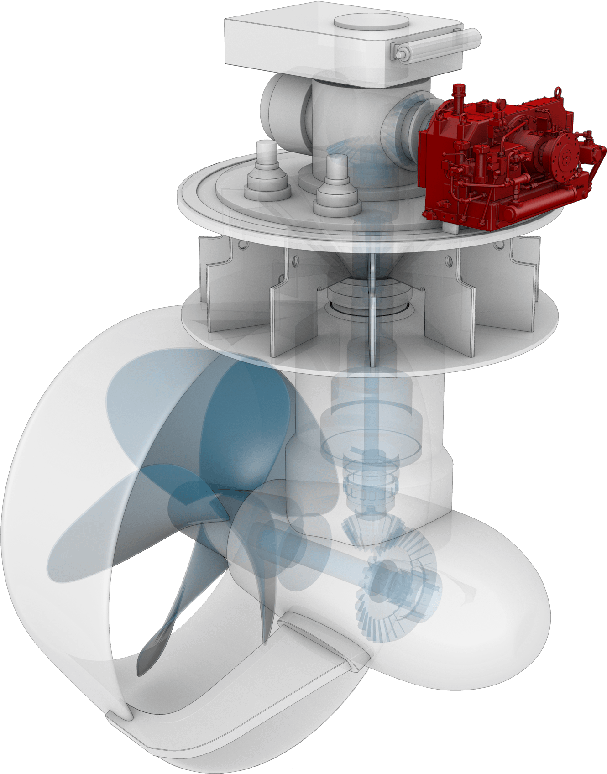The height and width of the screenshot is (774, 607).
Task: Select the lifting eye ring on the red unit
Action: [557, 92]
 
